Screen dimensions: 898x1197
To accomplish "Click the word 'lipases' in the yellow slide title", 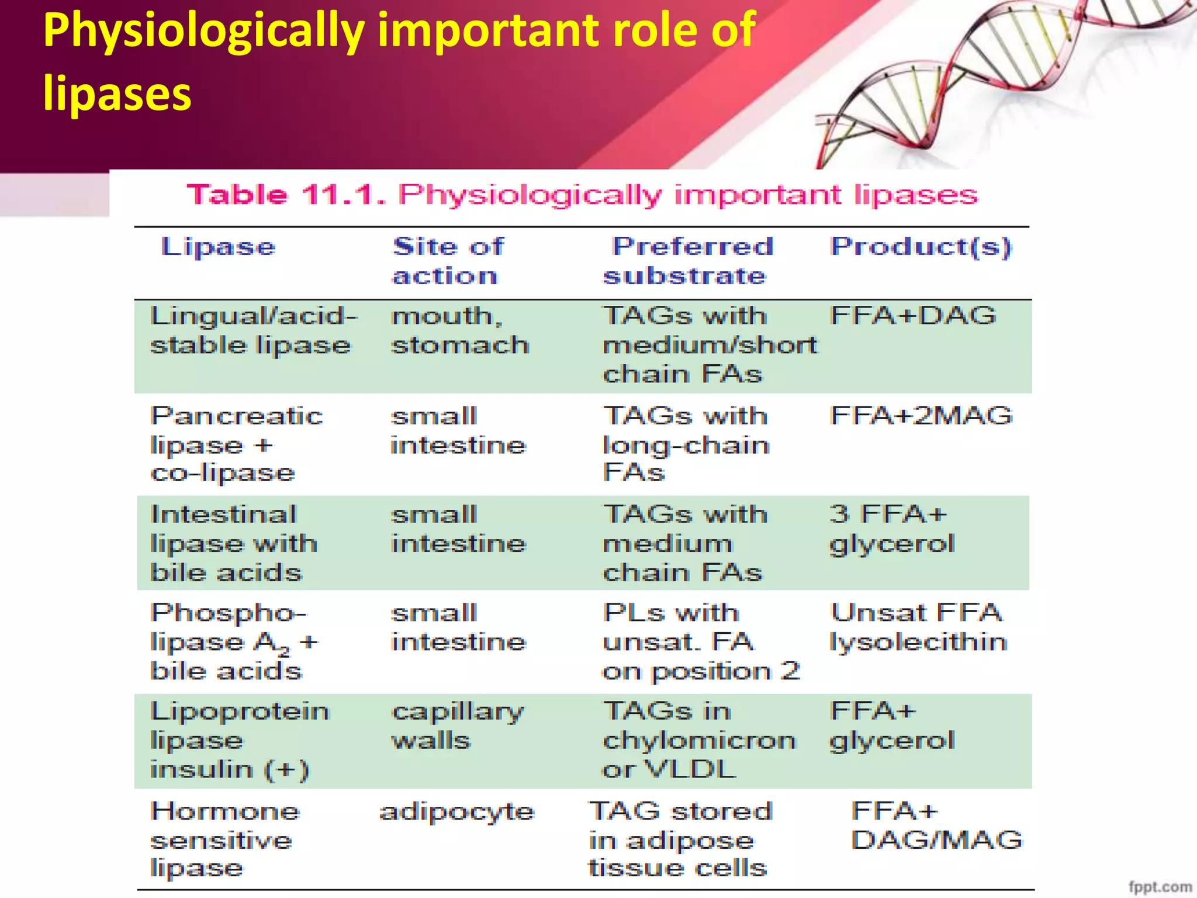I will tap(117, 94).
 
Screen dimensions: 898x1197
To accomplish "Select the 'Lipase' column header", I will tap(218, 247).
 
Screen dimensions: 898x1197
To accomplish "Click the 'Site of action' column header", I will tap(447, 261).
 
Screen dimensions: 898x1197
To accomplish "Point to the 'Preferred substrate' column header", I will tap(689, 261).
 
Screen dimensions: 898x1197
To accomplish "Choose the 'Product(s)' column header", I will tap(921, 247).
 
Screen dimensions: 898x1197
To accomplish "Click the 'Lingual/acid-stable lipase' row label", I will tap(253, 330).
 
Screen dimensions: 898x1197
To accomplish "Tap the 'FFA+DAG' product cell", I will tap(913, 316).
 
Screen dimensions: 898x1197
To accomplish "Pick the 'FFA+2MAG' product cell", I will tap(921, 416).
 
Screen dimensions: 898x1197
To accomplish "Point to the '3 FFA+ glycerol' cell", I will tap(892, 529).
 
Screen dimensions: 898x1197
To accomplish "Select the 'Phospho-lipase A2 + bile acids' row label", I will tap(234, 642).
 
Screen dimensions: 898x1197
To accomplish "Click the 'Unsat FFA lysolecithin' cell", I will tap(918, 627).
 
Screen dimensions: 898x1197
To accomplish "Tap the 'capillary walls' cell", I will tap(458, 726).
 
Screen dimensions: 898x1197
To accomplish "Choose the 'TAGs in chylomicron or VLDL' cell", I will tap(699, 740).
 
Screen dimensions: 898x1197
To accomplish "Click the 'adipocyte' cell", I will tap(456, 812).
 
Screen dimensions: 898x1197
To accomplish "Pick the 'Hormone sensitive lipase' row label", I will tap(224, 840).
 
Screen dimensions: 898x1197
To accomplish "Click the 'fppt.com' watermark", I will tap(1160, 887).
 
